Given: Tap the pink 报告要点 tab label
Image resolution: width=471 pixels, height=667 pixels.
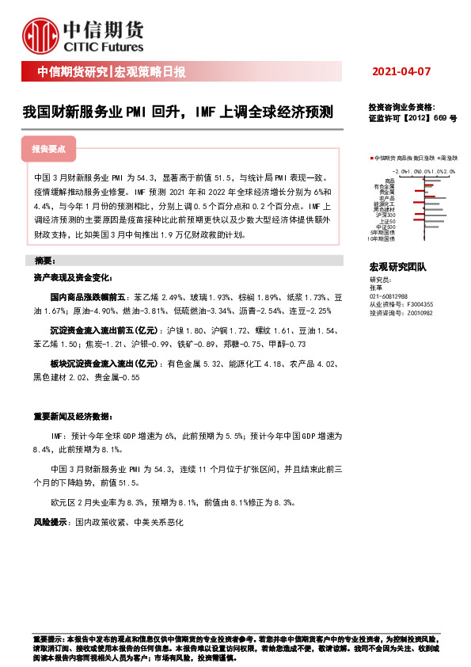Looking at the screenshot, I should pos(48,149).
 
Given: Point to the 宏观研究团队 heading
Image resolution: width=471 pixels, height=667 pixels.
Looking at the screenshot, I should pos(397,268).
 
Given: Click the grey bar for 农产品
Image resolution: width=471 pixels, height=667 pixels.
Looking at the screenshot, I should pos(435,199).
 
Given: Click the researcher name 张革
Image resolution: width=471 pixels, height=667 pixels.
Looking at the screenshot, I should pos(375,288).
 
